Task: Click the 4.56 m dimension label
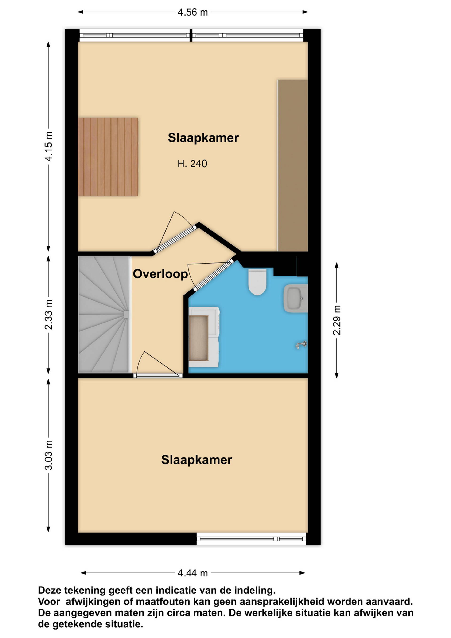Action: tap(192, 12)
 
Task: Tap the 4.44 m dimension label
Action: tap(192, 573)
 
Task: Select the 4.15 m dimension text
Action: tap(49, 146)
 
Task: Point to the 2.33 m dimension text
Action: tap(49, 315)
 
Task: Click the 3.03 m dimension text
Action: tap(49, 455)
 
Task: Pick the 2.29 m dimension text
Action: tap(337, 320)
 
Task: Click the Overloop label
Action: tap(160, 274)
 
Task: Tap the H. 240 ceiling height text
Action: tap(192, 164)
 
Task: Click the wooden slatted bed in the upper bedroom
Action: tap(108, 157)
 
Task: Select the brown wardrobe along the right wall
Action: tap(293, 166)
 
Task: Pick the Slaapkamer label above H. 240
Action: tap(203, 138)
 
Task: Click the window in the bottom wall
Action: tap(251, 539)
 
